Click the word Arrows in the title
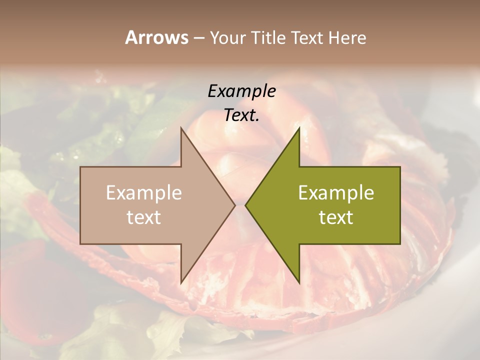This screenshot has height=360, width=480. point(156,37)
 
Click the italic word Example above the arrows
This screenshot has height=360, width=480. point(241,91)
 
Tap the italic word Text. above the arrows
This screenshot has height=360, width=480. point(241,115)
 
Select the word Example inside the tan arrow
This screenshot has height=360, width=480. point(143,193)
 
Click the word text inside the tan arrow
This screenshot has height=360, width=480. point(143,217)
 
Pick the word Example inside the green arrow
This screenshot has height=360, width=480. point(336,193)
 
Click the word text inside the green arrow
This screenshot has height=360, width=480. point(336,217)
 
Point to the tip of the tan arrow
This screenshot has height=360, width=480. point(234,205)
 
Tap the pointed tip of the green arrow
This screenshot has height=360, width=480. point(246,205)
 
